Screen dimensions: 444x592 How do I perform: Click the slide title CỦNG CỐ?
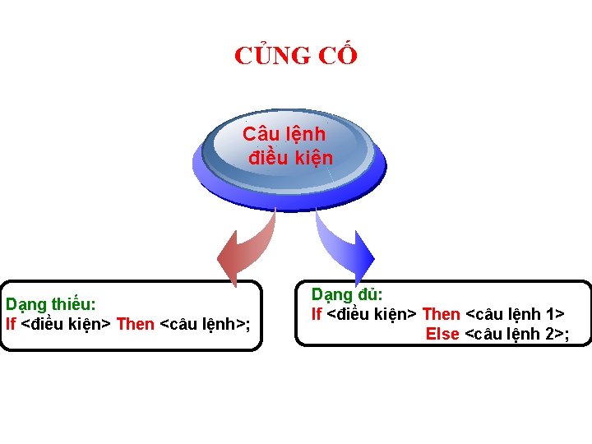(x=296, y=56)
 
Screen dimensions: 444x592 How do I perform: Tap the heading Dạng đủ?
(x=347, y=294)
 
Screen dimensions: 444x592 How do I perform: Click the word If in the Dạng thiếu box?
(x=10, y=323)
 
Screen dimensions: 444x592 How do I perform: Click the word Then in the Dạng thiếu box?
(x=136, y=323)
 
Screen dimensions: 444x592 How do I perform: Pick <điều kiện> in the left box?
(x=66, y=323)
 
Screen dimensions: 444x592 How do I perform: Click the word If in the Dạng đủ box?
(x=316, y=313)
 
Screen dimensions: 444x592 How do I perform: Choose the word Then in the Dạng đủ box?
(x=441, y=313)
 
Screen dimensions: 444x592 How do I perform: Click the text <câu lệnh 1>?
(x=515, y=313)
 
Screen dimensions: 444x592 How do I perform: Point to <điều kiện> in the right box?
(x=372, y=313)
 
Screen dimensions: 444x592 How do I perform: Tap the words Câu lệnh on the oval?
(x=284, y=133)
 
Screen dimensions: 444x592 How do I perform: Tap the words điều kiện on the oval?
(x=290, y=157)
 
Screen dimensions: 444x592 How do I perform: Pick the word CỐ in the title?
(x=339, y=56)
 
